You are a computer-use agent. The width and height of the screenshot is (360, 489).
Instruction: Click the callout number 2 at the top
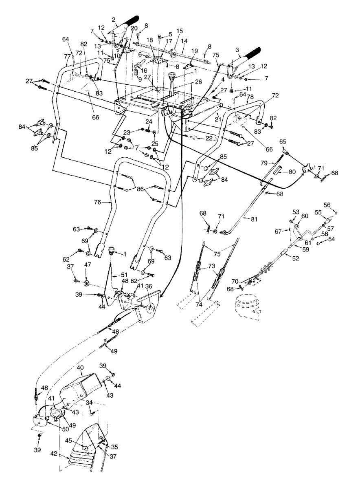tap(114, 19)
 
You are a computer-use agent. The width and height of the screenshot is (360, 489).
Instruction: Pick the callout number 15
tap(180, 31)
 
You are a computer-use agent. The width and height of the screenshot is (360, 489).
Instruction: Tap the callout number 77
tap(67, 57)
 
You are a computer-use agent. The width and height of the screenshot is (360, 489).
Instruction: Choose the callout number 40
tap(80, 368)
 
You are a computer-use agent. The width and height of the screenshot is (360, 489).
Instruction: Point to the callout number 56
tap(327, 205)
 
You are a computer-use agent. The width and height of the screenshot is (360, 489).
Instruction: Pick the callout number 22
tap(209, 139)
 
